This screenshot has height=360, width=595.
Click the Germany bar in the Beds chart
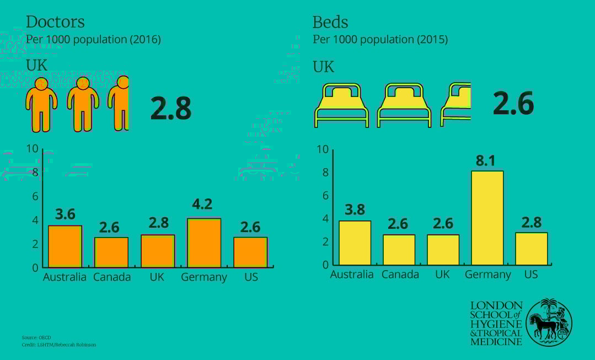[x=487, y=218]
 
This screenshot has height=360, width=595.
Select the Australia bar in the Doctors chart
[x=65, y=246]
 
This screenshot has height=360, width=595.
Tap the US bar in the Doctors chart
[x=250, y=252]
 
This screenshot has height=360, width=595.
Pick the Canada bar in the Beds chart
[x=399, y=250]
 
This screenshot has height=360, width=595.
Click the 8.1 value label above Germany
[x=486, y=161]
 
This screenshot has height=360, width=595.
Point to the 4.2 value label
[x=202, y=205]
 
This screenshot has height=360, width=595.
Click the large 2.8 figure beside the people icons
[x=171, y=109]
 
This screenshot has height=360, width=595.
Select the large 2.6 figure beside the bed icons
[x=513, y=103]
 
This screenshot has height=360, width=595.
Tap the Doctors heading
[x=55, y=22]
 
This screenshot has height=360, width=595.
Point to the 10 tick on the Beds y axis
[x=323, y=149]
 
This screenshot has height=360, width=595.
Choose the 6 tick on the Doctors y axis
[x=35, y=197]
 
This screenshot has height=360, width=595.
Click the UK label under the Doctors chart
[x=157, y=277]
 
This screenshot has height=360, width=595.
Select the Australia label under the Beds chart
[x=352, y=275]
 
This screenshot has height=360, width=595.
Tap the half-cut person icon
[x=120, y=103]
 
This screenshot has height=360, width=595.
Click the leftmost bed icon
[x=341, y=105]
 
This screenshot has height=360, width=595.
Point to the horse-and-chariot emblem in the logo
[x=549, y=323]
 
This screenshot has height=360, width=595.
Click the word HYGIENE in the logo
[x=496, y=324]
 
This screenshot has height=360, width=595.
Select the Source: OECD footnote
[x=37, y=337]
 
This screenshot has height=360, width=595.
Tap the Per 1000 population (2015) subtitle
[x=380, y=40]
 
